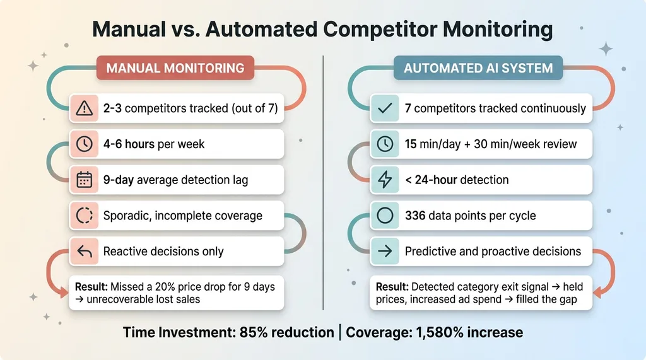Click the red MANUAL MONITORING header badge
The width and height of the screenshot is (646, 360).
175,68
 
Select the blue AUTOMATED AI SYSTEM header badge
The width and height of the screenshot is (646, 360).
478,68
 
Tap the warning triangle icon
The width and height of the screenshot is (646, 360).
84,108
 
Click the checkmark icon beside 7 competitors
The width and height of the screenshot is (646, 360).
385,108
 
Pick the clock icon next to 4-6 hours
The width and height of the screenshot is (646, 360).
84,144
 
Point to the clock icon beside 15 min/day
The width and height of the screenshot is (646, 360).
385,144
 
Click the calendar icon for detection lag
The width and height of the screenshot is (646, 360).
84,180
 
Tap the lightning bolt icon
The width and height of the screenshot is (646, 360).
385,180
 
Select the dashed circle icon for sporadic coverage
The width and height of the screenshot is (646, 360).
84,215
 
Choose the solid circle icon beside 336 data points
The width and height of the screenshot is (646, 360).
385,215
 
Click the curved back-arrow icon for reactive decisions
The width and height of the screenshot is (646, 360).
84,251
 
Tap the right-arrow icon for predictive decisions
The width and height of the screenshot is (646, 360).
385,251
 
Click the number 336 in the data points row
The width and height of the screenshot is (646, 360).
415,216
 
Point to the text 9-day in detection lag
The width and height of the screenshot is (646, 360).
118,180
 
